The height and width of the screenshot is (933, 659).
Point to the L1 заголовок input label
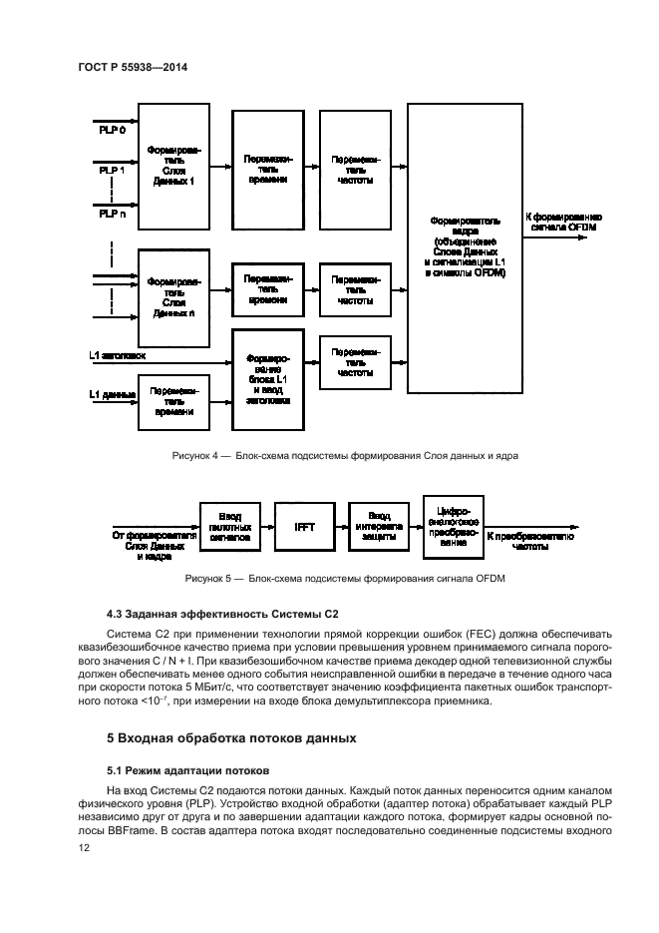tap(117, 354)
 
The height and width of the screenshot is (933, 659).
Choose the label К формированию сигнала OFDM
tap(564, 222)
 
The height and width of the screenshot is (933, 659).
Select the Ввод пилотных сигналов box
tap(229, 525)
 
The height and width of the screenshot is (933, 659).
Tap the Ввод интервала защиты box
tap(379, 525)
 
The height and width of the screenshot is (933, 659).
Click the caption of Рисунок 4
tap(345, 456)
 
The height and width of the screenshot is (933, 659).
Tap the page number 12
tap(85, 847)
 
